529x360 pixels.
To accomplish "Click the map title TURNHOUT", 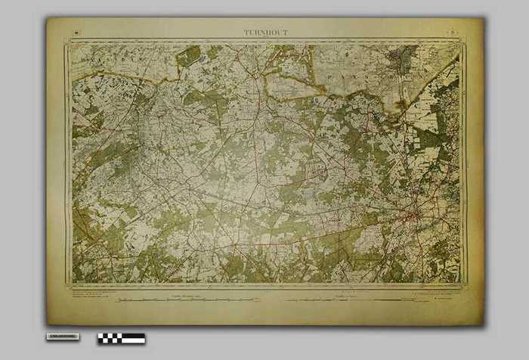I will coord(265,33).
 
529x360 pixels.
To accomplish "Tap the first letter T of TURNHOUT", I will coord(246,33).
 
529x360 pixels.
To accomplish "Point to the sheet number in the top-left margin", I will coord(78,32).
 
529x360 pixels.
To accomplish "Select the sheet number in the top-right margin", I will coord(451,32).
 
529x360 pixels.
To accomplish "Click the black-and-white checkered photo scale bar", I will coord(121,338).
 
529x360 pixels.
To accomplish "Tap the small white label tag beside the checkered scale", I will coord(62,336).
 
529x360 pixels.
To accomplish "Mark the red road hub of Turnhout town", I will coord(413,218).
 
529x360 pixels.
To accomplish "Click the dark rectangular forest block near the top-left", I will coord(189,55).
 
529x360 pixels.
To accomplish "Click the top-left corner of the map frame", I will coord(70,43).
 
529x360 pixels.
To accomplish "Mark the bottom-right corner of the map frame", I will coord(462,284).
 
